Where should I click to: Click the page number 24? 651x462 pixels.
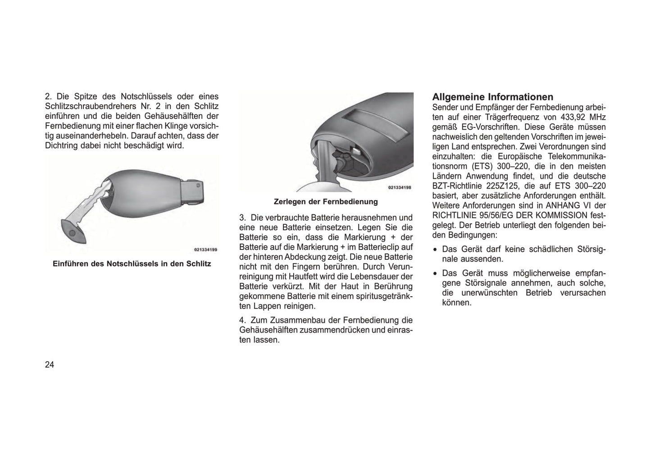pyautogui.click(x=50, y=365)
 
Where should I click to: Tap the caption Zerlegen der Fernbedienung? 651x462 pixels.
pyautogui.click(x=326, y=201)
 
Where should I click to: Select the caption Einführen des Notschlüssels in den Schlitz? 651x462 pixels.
pyautogui.click(x=132, y=263)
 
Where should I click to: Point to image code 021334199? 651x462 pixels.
pyautogui.click(x=205, y=249)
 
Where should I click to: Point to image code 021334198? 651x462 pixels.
pyautogui.click(x=400, y=187)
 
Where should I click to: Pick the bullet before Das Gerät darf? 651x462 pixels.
pyautogui.click(x=435, y=249)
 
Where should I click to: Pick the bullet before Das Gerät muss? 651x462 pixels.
pyautogui.click(x=435, y=273)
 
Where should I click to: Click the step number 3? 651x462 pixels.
pyautogui.click(x=242, y=217)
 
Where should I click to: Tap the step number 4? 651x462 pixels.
pyautogui.click(x=242, y=321)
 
